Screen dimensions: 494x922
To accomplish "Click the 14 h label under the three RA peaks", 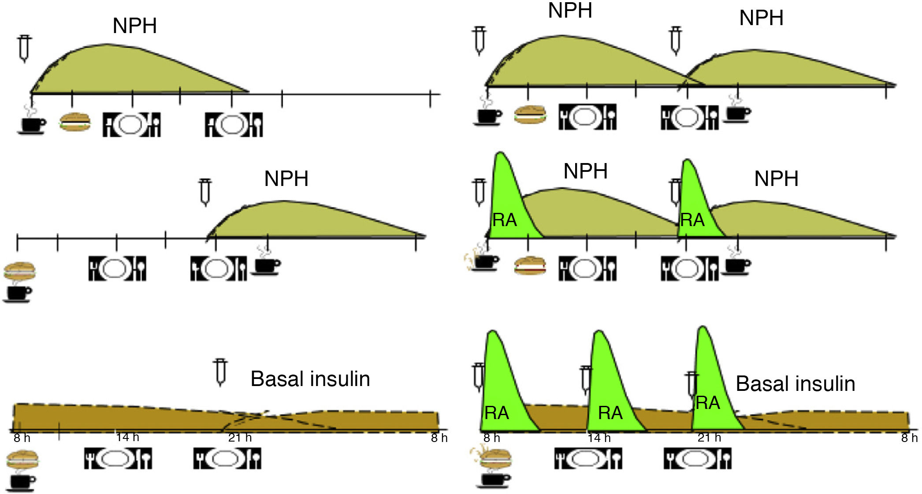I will tap(599, 438).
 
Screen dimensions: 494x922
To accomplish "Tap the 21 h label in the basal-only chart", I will tap(240, 438).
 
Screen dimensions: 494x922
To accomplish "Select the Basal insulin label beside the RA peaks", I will tap(795, 384).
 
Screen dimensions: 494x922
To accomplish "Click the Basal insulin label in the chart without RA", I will tap(310, 379).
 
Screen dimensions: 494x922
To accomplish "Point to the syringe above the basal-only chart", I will tap(220, 371).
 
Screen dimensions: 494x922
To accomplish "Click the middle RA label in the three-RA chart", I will tap(610, 413).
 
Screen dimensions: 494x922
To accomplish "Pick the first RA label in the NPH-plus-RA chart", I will tap(504, 220).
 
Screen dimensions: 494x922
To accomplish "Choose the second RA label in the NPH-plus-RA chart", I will tap(692, 220).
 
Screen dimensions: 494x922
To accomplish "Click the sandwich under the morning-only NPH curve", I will tap(75, 122).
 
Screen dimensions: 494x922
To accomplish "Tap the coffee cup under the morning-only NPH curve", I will tap(32, 124).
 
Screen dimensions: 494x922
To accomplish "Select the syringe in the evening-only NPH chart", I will tap(205, 192).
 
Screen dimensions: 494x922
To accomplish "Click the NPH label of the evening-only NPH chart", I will tap(286, 179).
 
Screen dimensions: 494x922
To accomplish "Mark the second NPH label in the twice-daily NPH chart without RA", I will tap(761, 18).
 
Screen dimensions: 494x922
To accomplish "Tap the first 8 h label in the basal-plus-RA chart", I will tap(491, 438).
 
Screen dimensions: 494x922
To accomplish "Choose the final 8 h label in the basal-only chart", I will tap(439, 438).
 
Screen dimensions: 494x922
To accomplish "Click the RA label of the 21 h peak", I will tap(707, 403).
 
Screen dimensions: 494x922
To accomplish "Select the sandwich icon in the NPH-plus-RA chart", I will tap(530, 266).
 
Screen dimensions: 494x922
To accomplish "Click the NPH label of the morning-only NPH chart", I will tap(134, 26).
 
